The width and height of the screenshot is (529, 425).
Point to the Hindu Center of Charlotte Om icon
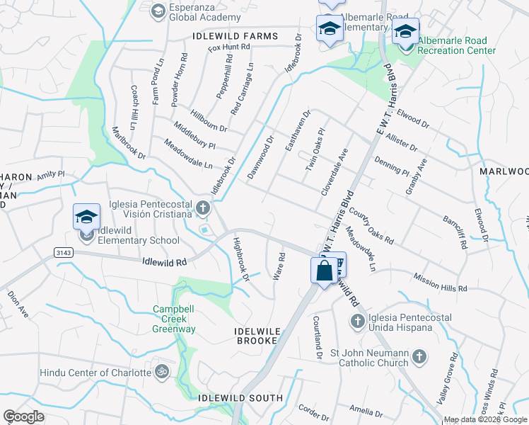click(161, 372)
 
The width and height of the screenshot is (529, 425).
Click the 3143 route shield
click(62, 251)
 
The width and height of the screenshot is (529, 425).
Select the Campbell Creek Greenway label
click(175, 319)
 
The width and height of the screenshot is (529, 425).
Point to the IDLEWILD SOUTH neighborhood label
click(240, 398)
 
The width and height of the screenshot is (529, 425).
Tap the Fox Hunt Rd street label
click(229, 47)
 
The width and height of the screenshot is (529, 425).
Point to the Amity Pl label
click(51, 174)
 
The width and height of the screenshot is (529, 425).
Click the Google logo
click(24, 416)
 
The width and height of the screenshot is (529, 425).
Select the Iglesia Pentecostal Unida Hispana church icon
click(357, 322)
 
